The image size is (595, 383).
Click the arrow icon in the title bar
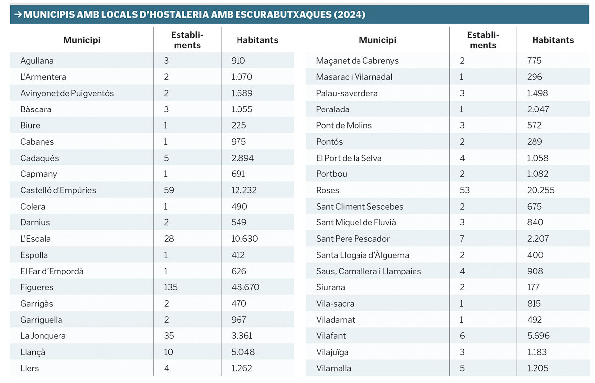(x=17, y=15)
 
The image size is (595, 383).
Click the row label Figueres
(x=37, y=287)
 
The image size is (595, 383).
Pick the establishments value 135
(x=171, y=287)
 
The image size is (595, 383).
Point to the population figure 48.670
(x=245, y=287)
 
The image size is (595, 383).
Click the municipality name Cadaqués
(x=40, y=158)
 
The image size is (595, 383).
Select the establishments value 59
(x=169, y=190)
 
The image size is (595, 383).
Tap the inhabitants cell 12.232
(x=245, y=190)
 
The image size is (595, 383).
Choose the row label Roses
(x=328, y=190)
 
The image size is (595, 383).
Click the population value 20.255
(x=541, y=190)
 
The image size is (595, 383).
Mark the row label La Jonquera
(x=43, y=336)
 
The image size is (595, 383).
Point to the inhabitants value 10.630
(x=245, y=239)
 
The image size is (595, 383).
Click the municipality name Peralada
(x=333, y=109)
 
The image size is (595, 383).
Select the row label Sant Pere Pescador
(x=353, y=239)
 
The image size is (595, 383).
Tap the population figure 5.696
(x=538, y=336)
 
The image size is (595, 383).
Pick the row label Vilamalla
(x=334, y=368)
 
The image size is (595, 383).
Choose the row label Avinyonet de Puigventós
(x=67, y=93)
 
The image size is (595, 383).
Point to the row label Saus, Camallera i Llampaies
(x=368, y=271)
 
